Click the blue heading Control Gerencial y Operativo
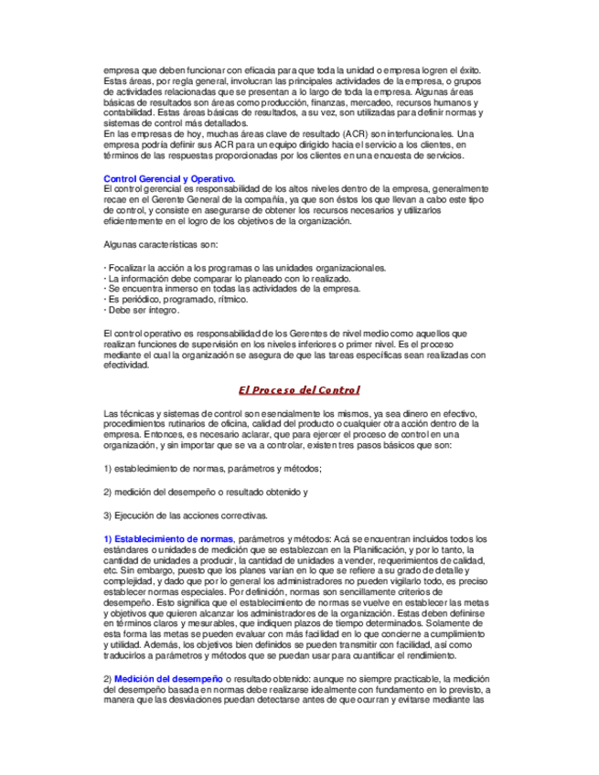[x=169, y=178]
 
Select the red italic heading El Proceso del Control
[x=299, y=390]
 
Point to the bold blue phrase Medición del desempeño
[x=168, y=679]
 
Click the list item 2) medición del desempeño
[x=206, y=492]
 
